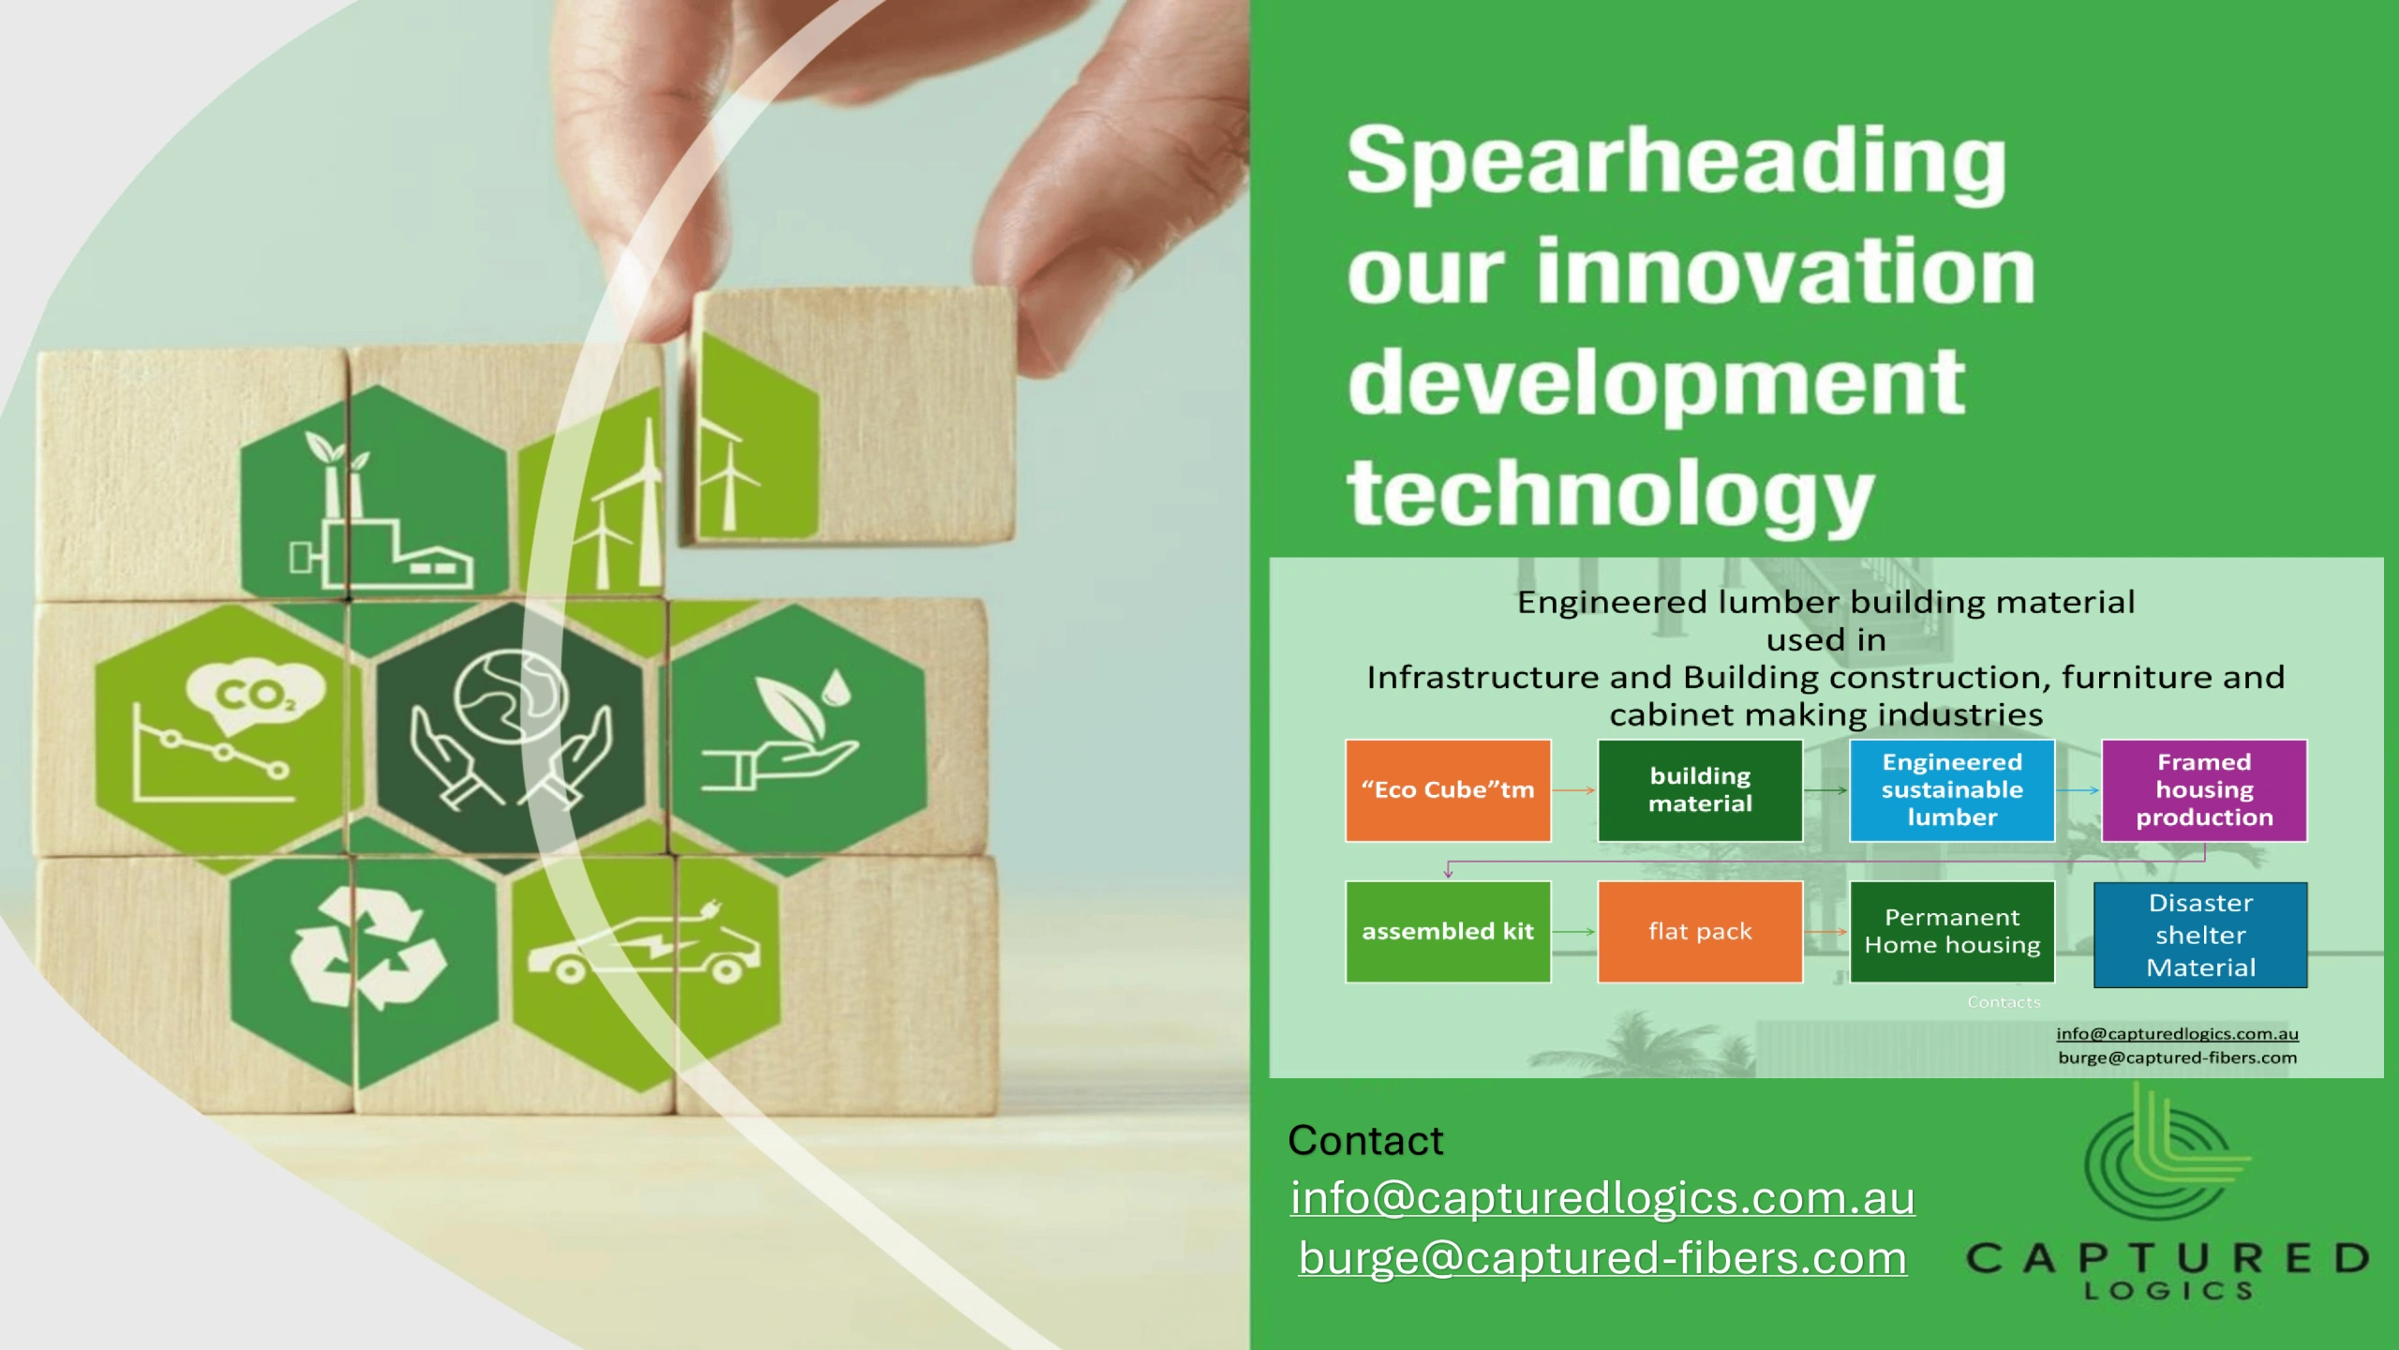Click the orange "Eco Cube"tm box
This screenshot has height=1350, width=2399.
[1448, 790]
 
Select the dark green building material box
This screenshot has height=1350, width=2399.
[1700, 790]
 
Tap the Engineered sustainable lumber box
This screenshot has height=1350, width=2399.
[1952, 790]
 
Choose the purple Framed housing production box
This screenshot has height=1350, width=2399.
[2204, 790]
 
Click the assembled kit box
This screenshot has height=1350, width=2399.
[1448, 932]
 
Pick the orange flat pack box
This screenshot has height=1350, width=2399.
[1700, 932]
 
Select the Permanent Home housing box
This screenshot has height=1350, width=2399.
[1952, 932]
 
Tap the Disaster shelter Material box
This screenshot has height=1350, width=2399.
[2200, 935]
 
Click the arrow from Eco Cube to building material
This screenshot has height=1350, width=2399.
[1574, 790]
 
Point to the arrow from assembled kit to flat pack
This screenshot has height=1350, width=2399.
[1574, 932]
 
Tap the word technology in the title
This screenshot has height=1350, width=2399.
[1610, 496]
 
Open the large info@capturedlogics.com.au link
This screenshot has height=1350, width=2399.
[1602, 1198]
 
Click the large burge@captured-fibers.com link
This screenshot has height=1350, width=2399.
[1602, 1258]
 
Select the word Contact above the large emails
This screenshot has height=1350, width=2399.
[1365, 1141]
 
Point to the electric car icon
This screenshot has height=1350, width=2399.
[645, 949]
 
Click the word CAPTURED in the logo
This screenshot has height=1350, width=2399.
[2168, 1258]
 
